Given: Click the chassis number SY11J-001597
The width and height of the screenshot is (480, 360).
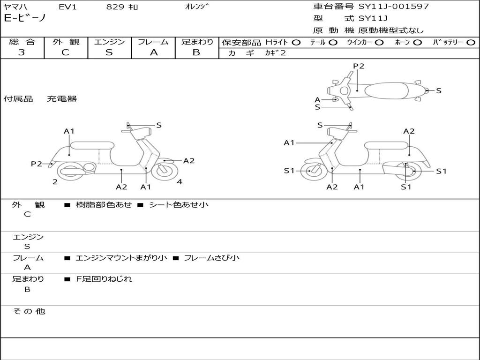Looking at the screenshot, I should (394, 7).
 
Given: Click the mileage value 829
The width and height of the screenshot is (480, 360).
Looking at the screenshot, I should (115, 7).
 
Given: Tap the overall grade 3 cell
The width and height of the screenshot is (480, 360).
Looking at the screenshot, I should (22, 52).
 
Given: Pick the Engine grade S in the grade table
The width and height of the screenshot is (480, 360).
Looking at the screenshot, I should (109, 52).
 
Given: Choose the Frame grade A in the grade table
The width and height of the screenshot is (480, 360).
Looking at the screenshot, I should (153, 52).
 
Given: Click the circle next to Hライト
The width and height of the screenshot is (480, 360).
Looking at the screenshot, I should (296, 43).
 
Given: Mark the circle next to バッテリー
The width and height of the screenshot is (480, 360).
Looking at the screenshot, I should (471, 43).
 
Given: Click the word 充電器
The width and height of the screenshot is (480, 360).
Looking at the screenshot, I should (61, 99).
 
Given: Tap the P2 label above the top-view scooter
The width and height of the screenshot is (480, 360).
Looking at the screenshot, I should (359, 66).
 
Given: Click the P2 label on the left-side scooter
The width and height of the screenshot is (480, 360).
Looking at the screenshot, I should (36, 164).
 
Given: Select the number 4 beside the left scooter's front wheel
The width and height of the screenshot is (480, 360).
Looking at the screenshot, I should (180, 182).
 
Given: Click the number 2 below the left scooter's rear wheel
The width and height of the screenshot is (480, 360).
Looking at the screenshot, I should (55, 182).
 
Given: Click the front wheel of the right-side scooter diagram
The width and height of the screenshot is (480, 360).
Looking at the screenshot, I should (310, 171).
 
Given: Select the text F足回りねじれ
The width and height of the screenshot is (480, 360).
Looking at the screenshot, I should (104, 279).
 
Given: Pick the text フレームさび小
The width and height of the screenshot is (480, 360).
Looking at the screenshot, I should (211, 258).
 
